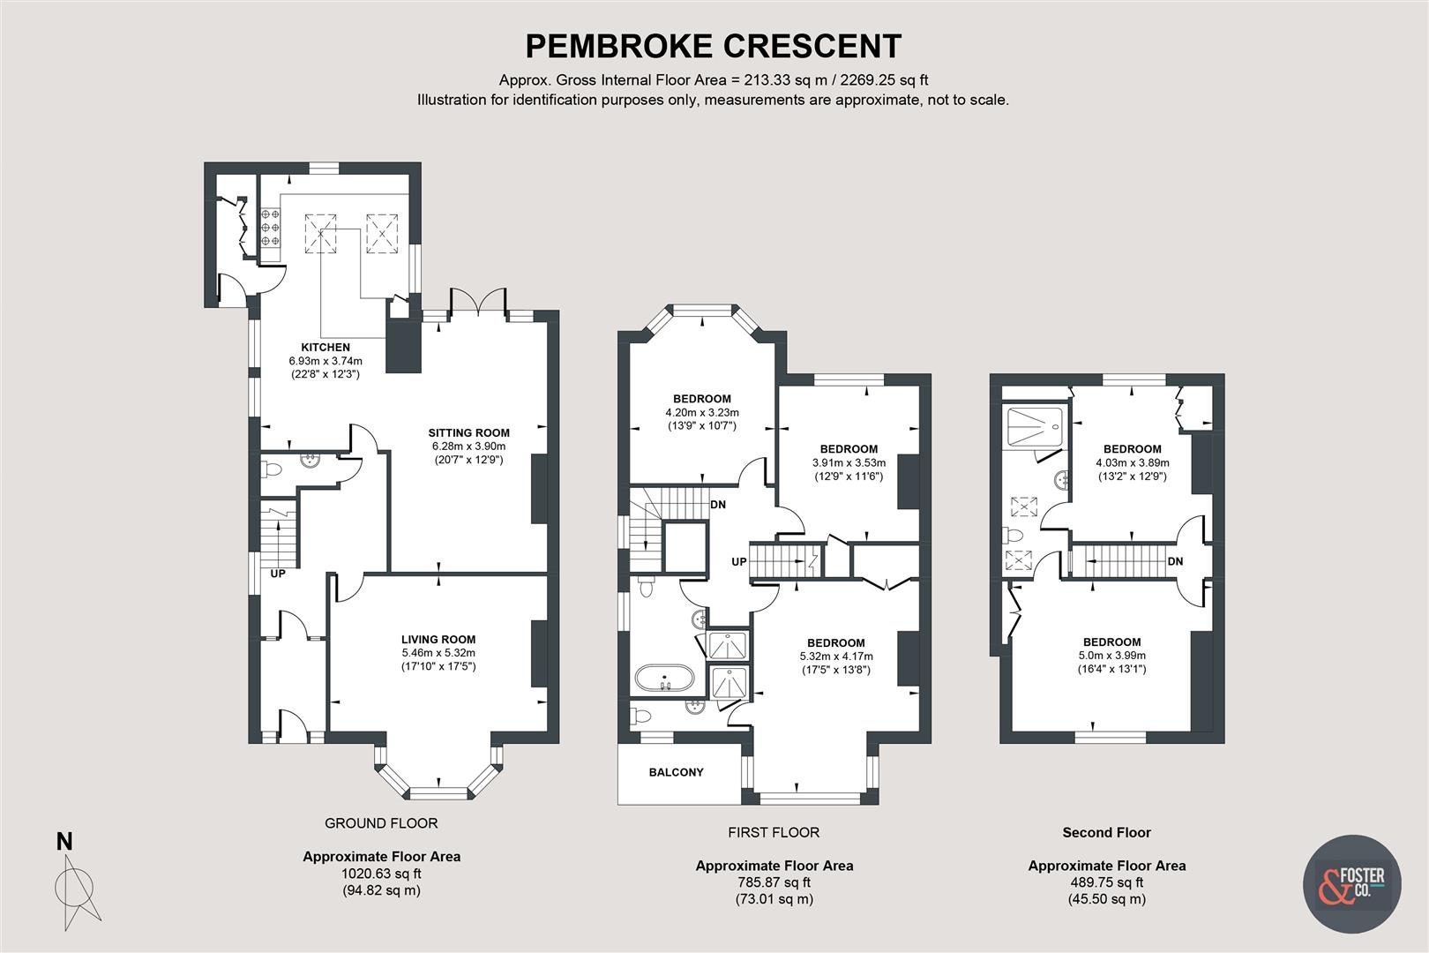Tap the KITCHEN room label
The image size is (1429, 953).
click(325, 348)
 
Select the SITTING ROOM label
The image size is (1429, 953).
click(468, 432)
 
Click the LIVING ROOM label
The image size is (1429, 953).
click(438, 640)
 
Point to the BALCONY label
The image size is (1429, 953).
click(677, 772)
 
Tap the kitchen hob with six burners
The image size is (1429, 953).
click(270, 227)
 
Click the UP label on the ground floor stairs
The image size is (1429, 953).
click(278, 574)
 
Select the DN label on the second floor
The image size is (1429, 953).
click(1175, 561)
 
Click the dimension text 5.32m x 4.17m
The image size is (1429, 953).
click(835, 657)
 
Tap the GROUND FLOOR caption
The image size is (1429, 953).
click(381, 823)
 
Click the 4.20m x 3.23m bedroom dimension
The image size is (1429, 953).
click(701, 412)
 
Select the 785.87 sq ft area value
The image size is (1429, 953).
click(774, 882)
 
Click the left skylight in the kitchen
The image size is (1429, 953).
click(321, 233)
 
